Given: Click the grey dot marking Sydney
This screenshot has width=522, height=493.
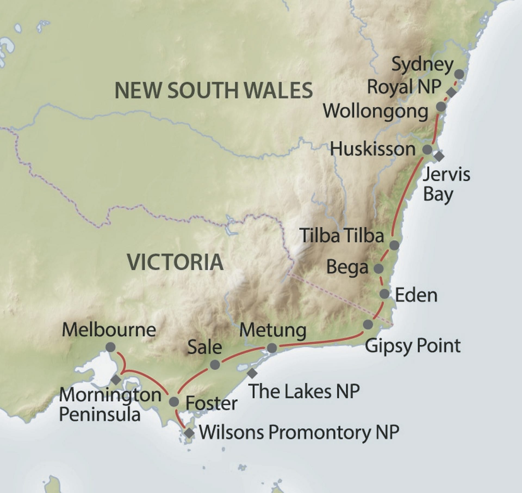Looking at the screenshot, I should pos(459,74).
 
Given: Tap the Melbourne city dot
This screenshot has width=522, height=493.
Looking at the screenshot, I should pos(110,347).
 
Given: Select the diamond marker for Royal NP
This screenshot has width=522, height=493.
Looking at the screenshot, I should pos(452,92).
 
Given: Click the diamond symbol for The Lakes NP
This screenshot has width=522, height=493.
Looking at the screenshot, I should pos(252,373).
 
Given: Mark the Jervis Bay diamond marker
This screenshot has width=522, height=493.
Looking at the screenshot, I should pos(439,156).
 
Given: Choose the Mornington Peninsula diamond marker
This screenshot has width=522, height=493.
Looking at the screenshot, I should pos(116,379).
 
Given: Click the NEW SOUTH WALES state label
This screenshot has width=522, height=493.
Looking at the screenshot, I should pos(214,90).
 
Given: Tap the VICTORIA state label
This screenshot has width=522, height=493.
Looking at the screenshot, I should pos(176,262).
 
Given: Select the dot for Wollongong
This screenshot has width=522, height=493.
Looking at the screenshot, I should pos(441,106).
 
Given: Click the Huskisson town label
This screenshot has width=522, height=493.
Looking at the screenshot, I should pos(373,149).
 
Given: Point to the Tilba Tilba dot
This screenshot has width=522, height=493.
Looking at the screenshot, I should pos(394,245).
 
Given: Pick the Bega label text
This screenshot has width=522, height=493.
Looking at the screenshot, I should pos(347,267).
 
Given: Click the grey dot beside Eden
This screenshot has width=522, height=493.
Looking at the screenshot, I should pos(384,294).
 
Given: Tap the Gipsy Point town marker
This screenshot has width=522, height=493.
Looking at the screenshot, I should pos(368,324).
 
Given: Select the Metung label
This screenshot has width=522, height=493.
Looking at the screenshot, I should pos(273,330).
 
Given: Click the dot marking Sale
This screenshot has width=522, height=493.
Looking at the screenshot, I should pos(215,365).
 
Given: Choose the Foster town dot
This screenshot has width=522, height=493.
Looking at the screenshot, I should pos(174,402).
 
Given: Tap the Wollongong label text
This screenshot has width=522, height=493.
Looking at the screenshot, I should pos(375,112).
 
